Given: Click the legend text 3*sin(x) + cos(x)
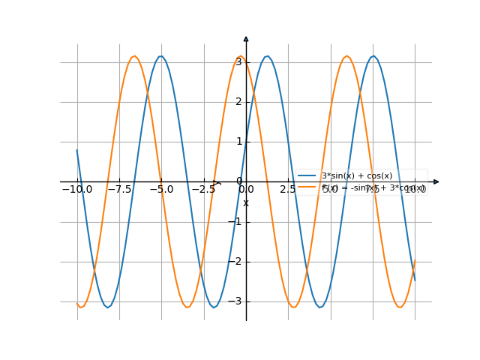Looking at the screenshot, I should click(x=356, y=175).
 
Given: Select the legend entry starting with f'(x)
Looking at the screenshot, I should click(x=373, y=187).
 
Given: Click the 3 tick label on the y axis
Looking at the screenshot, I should click(x=238, y=61).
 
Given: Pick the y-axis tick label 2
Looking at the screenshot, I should click(x=238, y=101).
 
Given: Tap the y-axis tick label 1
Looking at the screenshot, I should click(x=238, y=141).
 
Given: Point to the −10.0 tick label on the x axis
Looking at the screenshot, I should click(x=76, y=190).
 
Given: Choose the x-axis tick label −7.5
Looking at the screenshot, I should click(x=119, y=190).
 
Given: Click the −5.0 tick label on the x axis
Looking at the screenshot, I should click(x=161, y=190).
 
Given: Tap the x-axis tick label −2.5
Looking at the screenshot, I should click(x=203, y=190).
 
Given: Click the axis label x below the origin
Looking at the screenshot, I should click(x=245, y=202).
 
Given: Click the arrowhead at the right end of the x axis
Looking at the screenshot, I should click(x=436, y=181).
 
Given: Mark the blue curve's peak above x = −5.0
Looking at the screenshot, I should click(x=160, y=56).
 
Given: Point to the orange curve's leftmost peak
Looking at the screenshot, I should click(x=134, y=56).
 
